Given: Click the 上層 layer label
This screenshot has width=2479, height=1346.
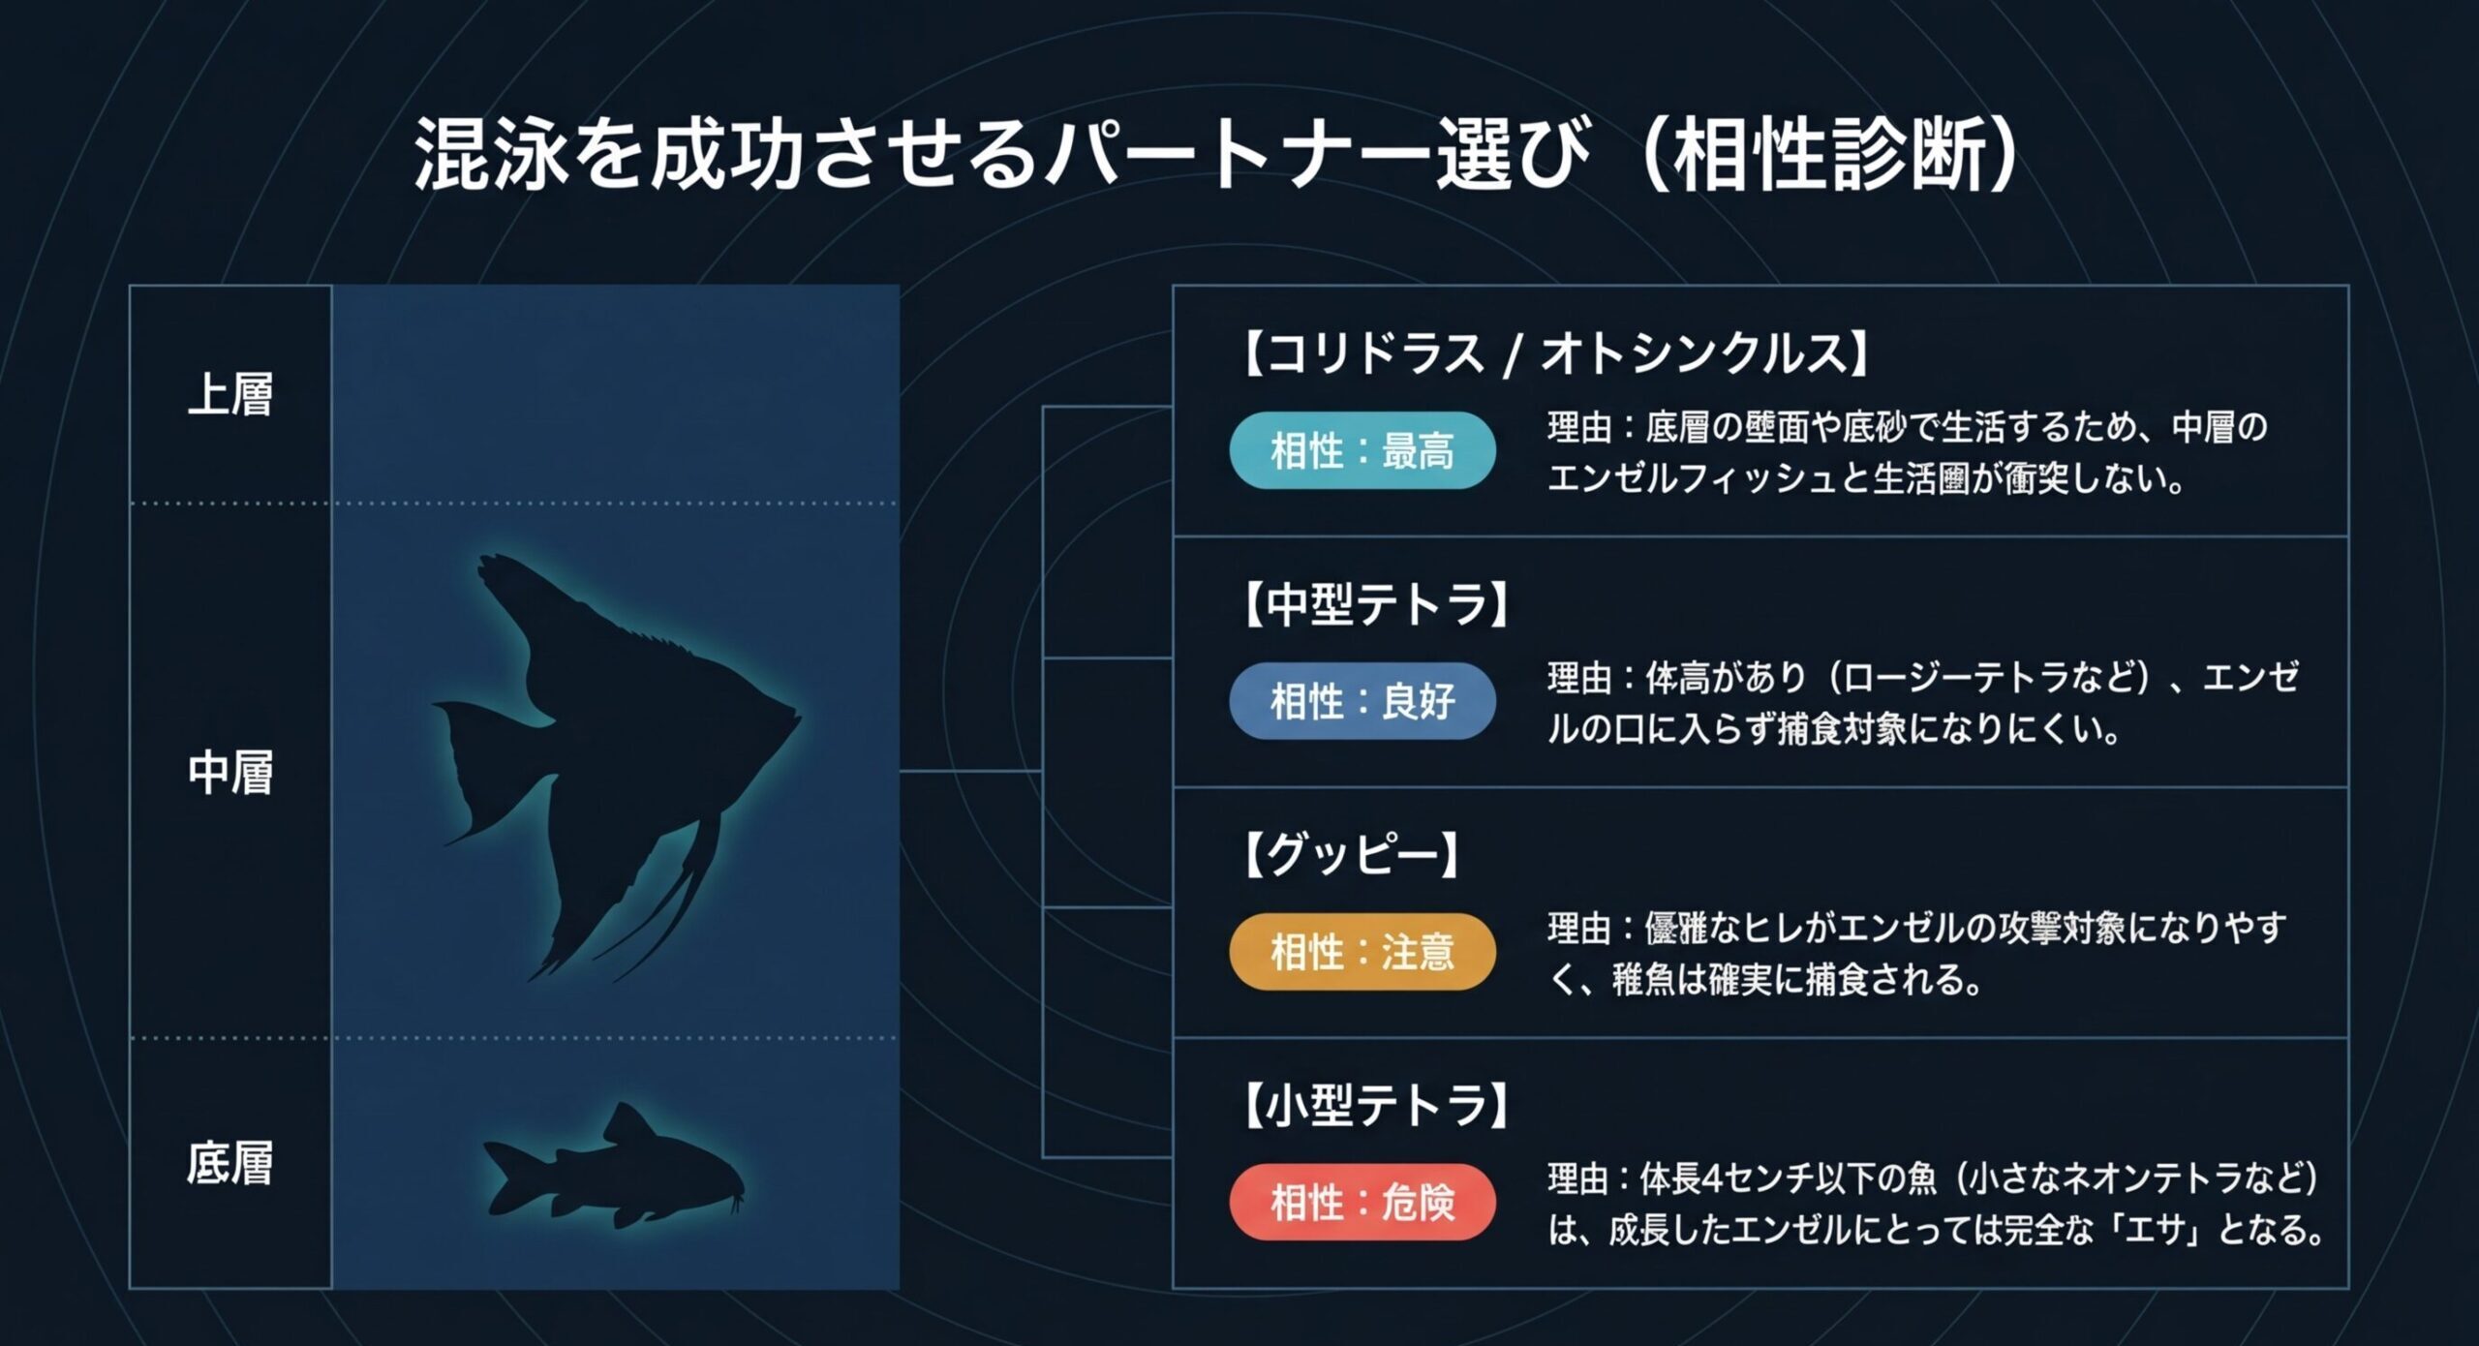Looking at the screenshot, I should click(x=230, y=395).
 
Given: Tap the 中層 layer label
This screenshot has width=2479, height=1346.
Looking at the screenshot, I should click(x=230, y=773).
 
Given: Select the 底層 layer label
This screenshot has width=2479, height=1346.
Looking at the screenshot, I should click(x=230, y=1163).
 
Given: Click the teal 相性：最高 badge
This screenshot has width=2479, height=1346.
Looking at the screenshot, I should click(x=1362, y=451).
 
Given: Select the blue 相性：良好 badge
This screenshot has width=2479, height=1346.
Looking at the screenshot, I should click(x=1362, y=702).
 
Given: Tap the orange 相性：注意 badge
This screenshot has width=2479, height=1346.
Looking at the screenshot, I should click(x=1362, y=952).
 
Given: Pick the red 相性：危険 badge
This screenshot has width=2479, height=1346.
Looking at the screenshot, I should click(x=1362, y=1203).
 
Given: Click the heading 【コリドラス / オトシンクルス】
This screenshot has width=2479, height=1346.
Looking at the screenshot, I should click(x=1555, y=353).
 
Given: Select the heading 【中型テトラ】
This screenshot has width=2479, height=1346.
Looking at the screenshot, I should click(x=1375, y=605).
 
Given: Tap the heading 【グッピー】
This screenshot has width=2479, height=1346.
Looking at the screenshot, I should click(x=1351, y=855).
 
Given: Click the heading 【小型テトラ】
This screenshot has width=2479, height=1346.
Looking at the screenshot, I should click(x=1375, y=1106).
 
